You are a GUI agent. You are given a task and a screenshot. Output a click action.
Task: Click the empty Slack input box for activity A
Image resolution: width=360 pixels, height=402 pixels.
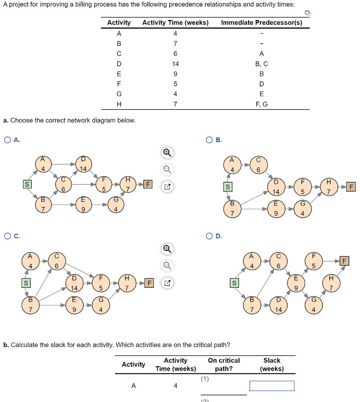pyautogui.click(x=272, y=386)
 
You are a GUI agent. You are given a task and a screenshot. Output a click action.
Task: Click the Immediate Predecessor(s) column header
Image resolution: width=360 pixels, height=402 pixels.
pyautogui.click(x=261, y=22)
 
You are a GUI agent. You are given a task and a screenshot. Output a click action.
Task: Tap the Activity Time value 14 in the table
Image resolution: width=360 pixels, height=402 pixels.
pyautogui.click(x=175, y=64)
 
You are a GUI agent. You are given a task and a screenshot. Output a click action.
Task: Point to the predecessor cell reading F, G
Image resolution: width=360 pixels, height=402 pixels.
pyautogui.click(x=261, y=104)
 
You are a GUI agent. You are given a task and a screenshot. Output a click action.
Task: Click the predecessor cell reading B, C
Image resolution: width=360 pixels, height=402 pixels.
pyautogui.click(x=261, y=64)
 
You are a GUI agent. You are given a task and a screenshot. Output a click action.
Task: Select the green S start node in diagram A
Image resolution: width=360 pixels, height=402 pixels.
pyautogui.click(x=27, y=184)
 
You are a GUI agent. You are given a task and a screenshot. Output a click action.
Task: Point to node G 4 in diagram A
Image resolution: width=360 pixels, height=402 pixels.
pyautogui.click(x=115, y=205)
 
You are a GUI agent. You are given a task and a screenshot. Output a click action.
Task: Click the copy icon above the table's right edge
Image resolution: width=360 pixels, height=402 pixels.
pyautogui.click(x=308, y=13)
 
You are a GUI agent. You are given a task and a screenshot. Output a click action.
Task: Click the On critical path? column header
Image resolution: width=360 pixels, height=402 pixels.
pyautogui.click(x=224, y=365)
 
